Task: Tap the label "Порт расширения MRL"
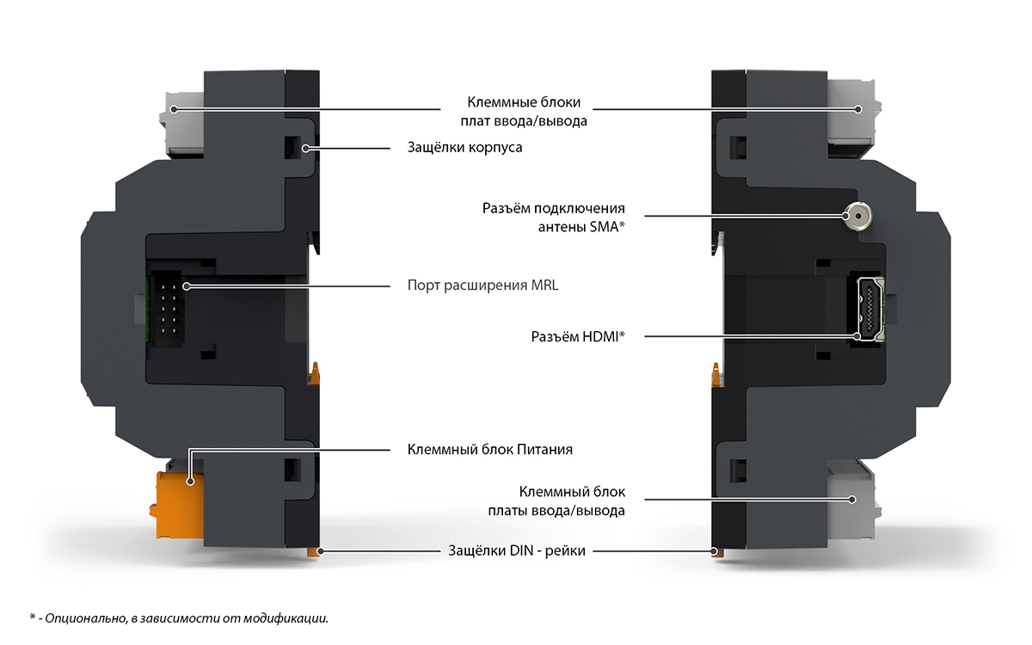482,285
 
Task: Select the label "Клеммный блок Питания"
489,449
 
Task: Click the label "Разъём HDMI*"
577,336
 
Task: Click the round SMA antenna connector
857,215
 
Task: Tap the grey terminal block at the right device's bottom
851,499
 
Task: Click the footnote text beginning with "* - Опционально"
179,617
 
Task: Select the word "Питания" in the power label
544,449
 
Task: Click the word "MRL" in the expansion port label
544,285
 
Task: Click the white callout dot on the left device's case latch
306,148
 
